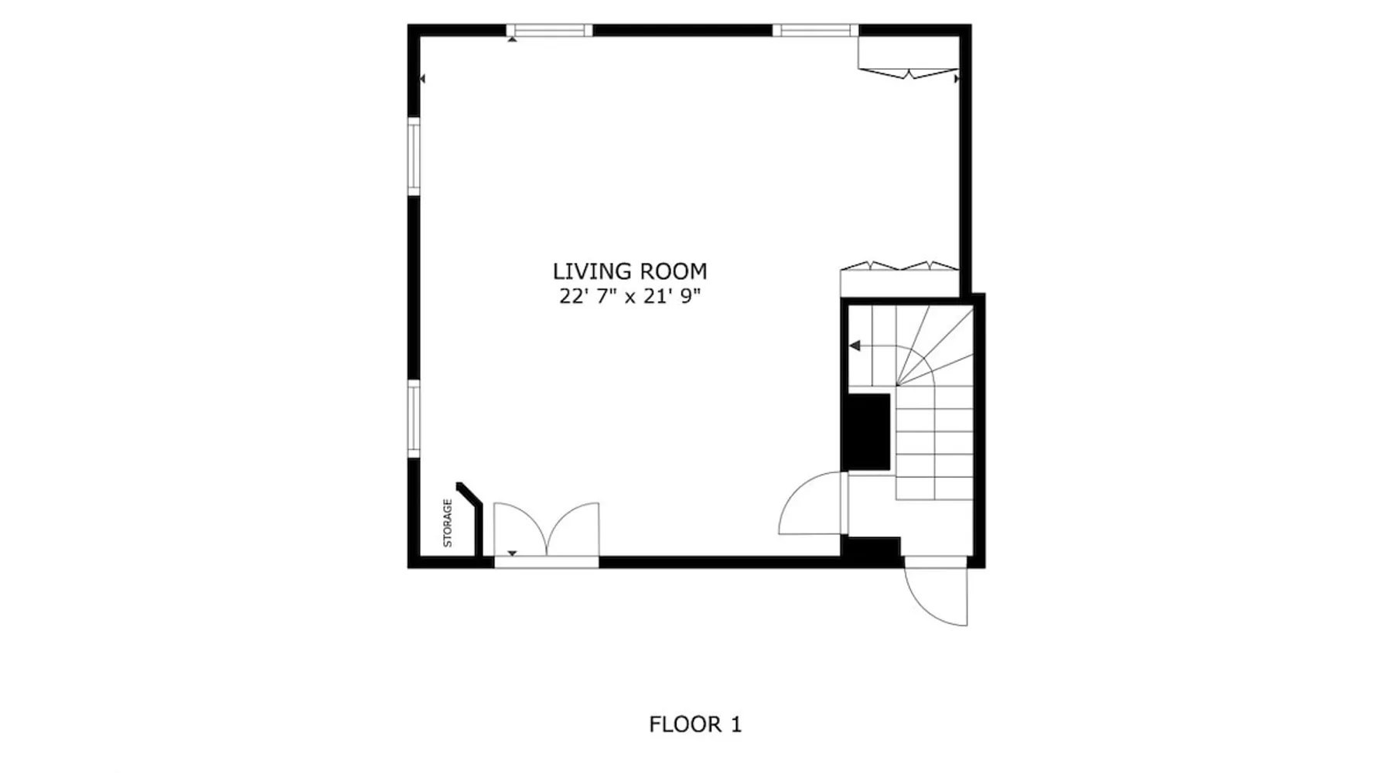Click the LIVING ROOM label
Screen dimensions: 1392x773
coord(629,271)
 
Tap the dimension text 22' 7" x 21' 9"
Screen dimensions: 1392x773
coord(629,296)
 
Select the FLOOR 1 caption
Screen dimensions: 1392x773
coord(695,724)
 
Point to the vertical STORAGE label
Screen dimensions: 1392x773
coord(448,523)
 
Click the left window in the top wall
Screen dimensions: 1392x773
coord(550,31)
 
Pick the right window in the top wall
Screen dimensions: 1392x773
coord(815,31)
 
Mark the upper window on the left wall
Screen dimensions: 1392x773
coord(414,156)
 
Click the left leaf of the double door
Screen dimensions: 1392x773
coord(520,530)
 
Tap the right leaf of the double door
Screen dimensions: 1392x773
coord(573,530)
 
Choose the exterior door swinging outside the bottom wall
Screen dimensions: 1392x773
coord(937,591)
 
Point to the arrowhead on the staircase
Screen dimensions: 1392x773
coord(855,346)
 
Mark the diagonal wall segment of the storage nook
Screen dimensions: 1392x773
coord(469,494)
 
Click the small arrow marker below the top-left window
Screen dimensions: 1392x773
coord(512,39)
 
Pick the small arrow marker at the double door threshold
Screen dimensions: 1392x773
coord(512,553)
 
